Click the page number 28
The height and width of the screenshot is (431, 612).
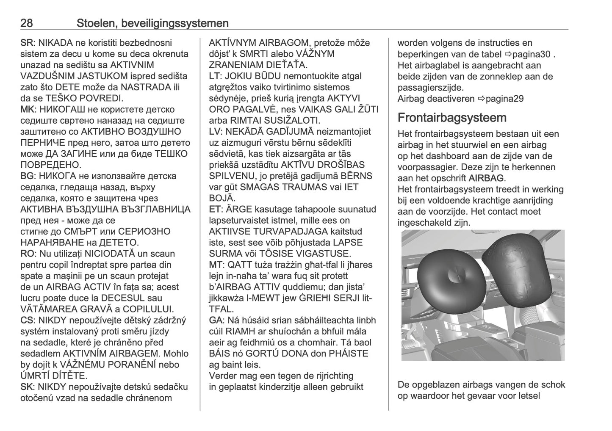click(x=27, y=23)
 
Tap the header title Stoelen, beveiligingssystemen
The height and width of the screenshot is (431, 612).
click(x=152, y=23)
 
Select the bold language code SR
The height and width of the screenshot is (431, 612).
click(x=27, y=43)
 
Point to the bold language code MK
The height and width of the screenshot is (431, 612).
click(x=27, y=110)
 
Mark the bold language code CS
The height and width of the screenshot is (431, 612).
click(x=27, y=320)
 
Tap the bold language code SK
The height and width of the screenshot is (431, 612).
click(x=27, y=387)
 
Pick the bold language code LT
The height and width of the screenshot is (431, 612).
click(x=215, y=76)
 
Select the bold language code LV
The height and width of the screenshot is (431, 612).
click(x=215, y=132)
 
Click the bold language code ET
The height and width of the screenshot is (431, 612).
click(x=215, y=209)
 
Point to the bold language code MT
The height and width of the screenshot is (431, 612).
click(x=216, y=265)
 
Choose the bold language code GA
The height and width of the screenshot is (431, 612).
click(x=216, y=320)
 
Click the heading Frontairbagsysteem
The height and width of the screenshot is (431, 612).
click(x=452, y=117)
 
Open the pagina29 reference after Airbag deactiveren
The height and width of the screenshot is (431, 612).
click(x=501, y=99)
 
